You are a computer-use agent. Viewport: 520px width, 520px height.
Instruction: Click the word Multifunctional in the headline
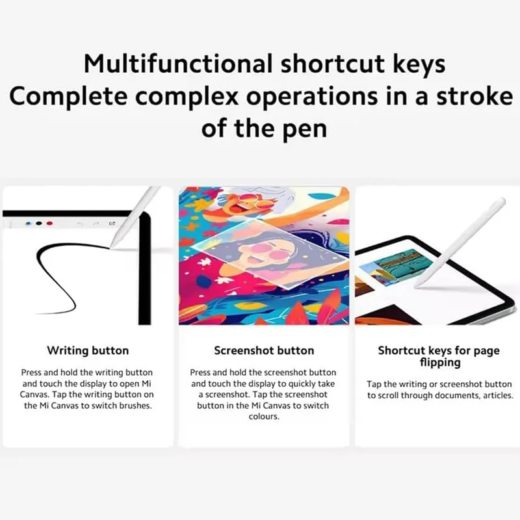click(178, 63)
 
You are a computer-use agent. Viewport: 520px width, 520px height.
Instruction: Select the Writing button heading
click(88, 350)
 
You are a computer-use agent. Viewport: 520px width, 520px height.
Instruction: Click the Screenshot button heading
click(264, 350)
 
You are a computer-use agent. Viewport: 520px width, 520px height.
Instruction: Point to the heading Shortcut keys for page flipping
click(439, 356)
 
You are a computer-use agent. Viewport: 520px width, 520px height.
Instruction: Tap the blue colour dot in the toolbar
click(28, 224)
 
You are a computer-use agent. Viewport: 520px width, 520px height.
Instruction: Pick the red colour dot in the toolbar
click(49, 224)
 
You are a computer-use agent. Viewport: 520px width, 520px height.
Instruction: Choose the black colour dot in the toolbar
click(39, 224)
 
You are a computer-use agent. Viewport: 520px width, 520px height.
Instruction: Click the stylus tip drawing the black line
click(111, 247)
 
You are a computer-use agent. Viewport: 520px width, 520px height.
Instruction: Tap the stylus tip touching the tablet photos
click(417, 285)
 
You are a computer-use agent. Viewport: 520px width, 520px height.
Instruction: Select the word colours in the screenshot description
click(264, 417)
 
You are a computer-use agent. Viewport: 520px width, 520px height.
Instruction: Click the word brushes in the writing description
click(135, 406)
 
